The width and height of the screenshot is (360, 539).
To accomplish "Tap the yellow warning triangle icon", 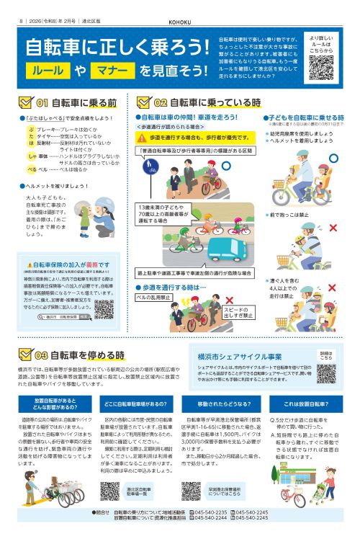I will (x=143, y=135).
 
